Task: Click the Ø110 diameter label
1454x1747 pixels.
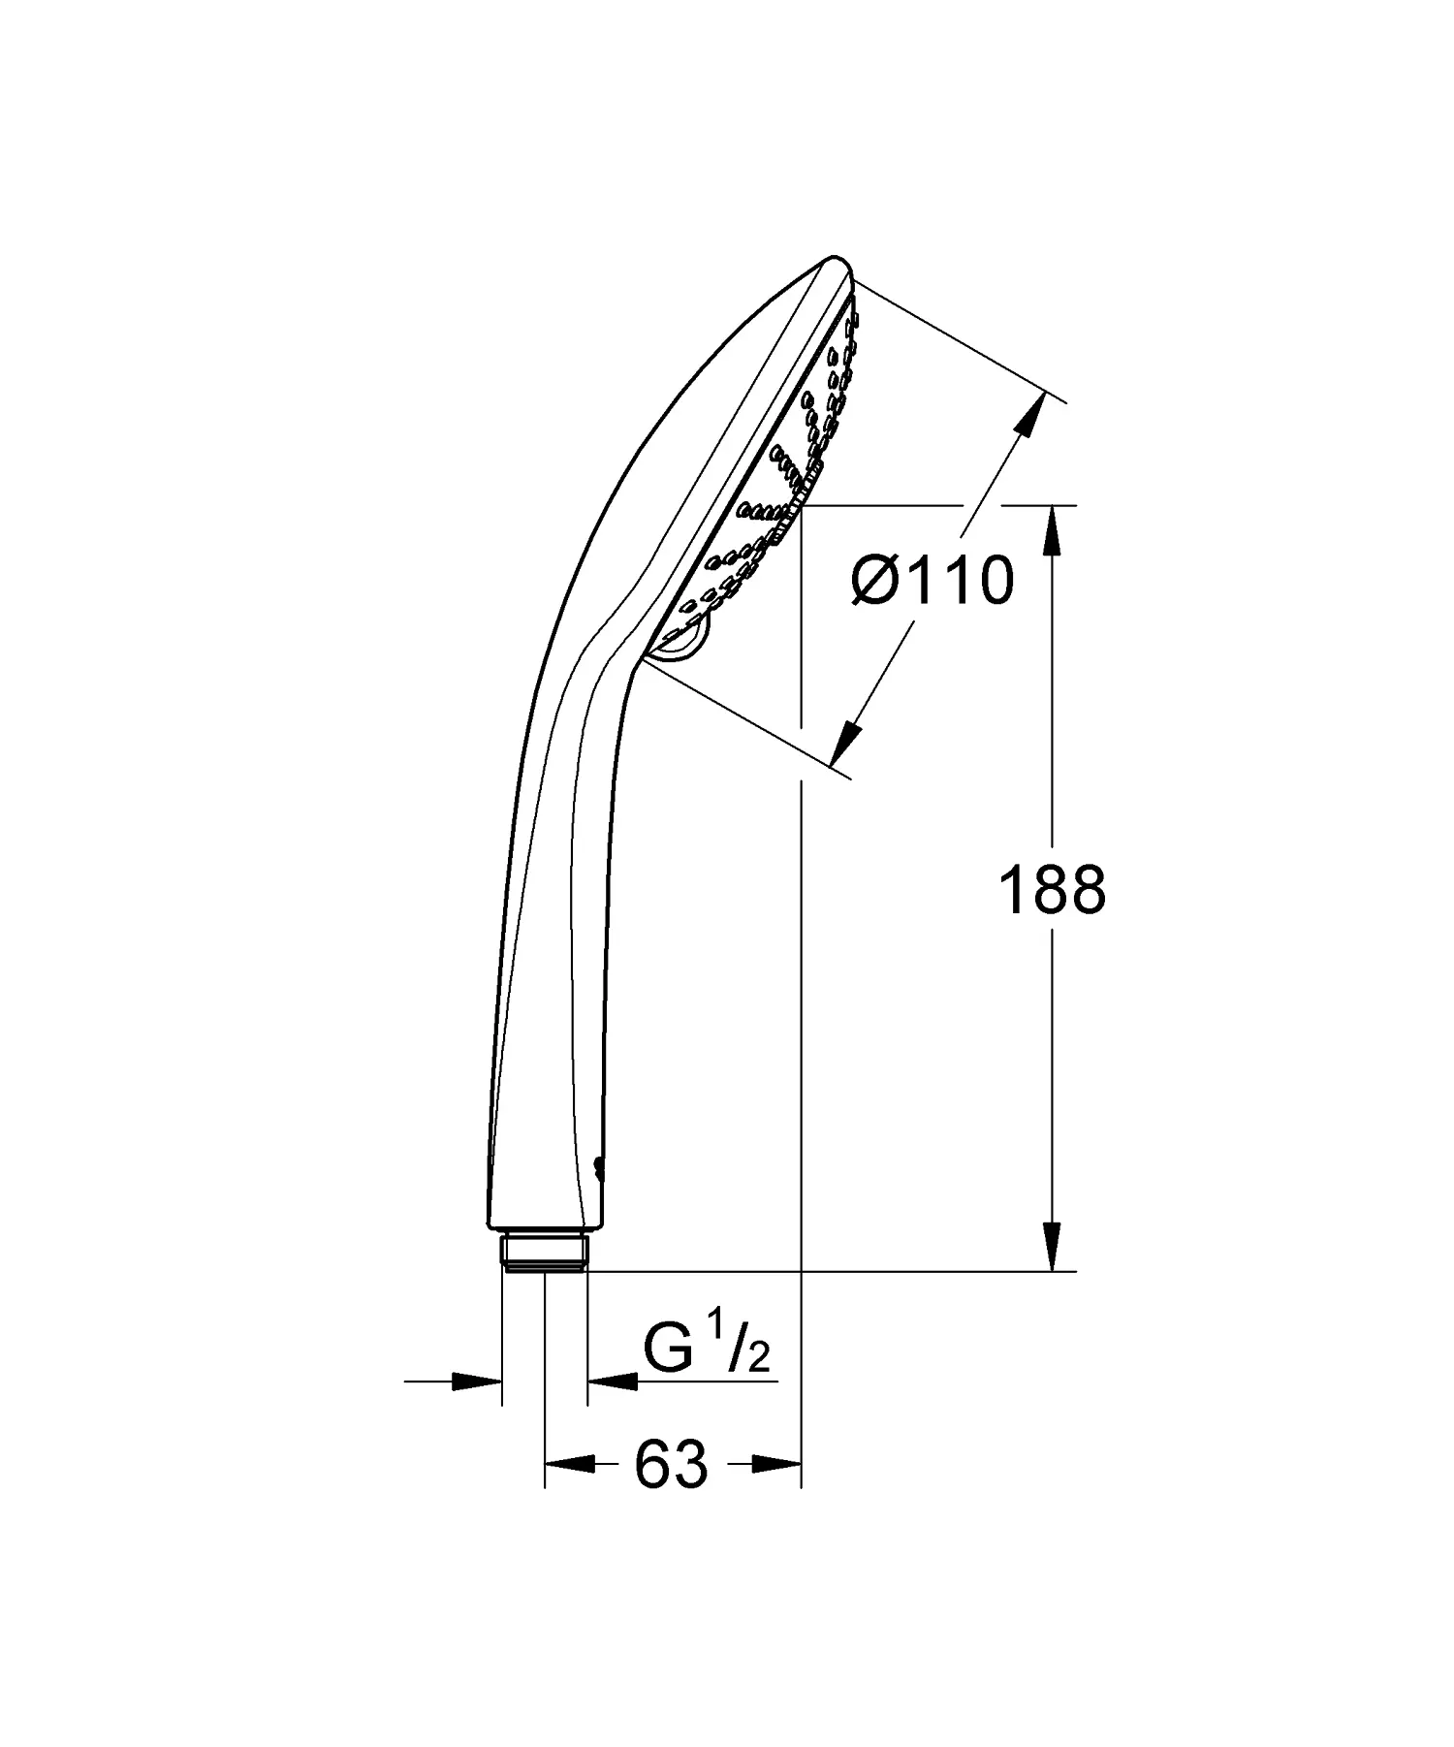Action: [932, 582]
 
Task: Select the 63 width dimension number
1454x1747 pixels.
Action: [672, 1465]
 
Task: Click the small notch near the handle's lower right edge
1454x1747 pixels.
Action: [598, 1168]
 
